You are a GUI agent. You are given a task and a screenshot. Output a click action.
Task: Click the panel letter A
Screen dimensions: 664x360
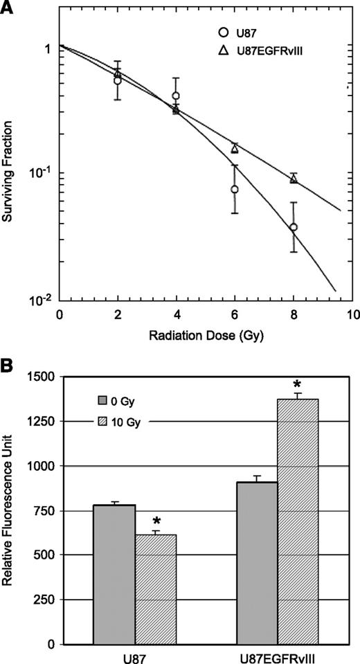pyautogui.click(x=8, y=8)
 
